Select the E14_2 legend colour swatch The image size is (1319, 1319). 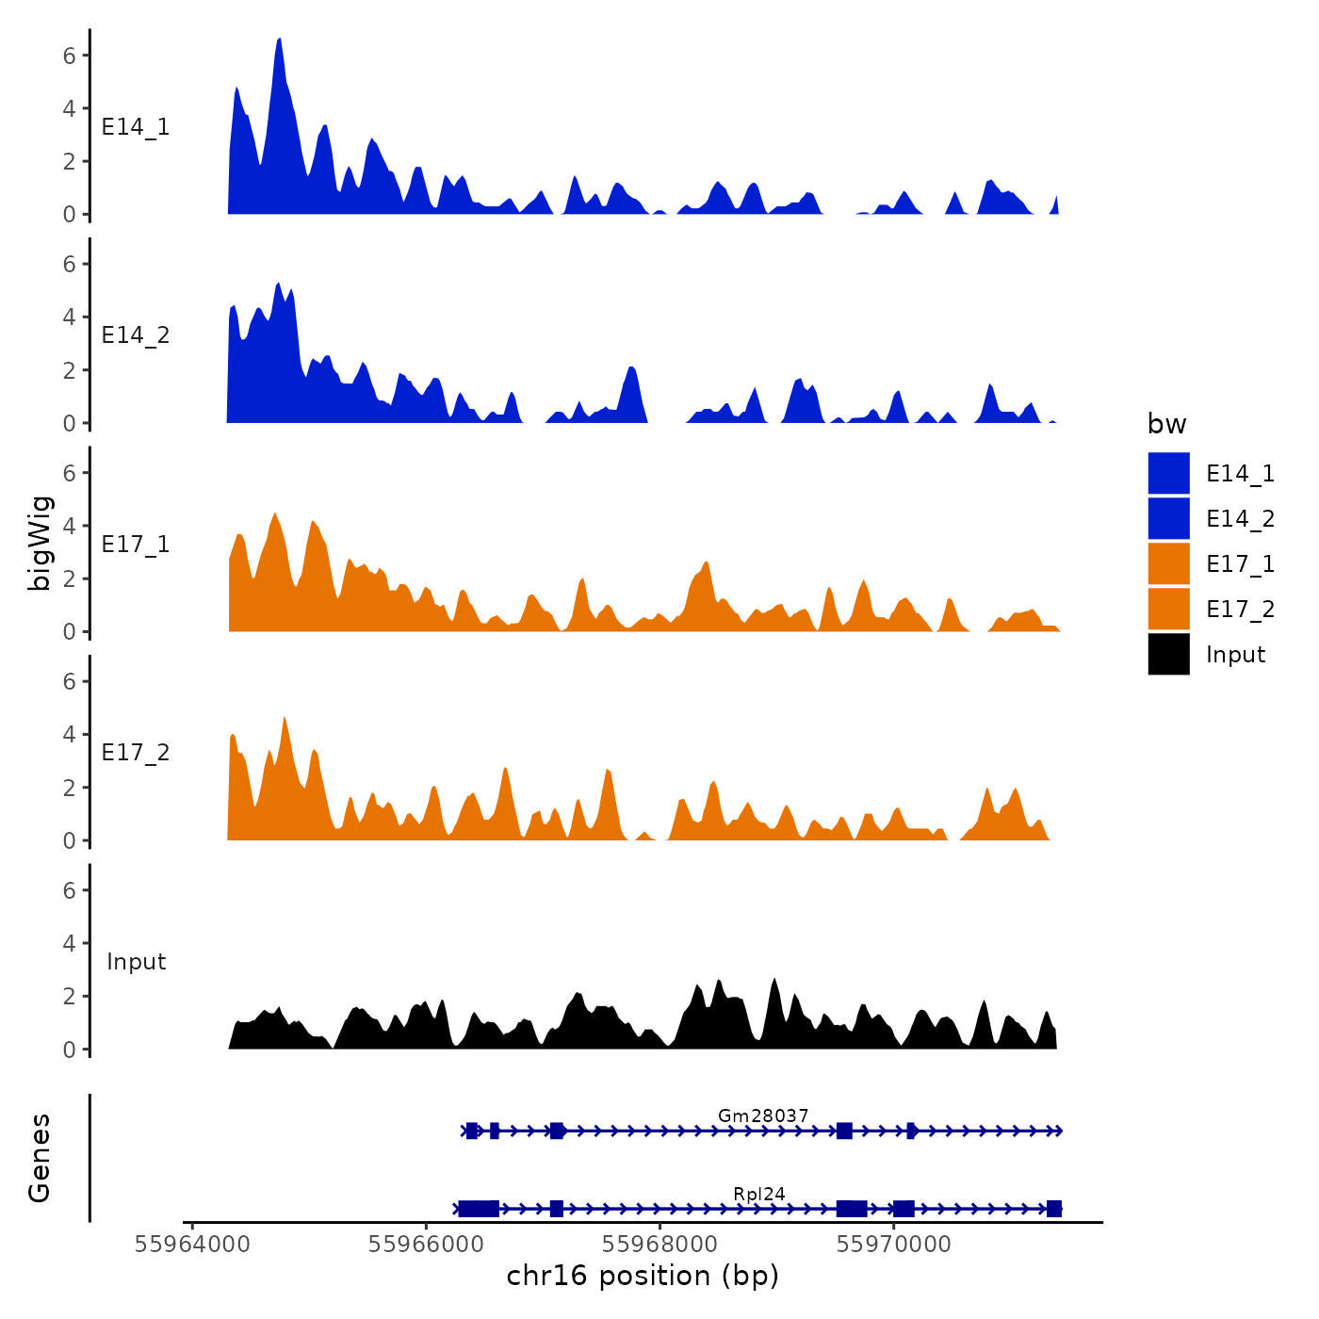[x=1168, y=518]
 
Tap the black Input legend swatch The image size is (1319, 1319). [x=1168, y=654]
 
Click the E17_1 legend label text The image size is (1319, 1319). [x=1240, y=563]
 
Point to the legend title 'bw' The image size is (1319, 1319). [x=1166, y=424]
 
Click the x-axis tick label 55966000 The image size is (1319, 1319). [x=426, y=1245]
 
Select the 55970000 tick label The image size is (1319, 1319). [x=893, y=1245]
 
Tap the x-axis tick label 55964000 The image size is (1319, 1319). [x=193, y=1245]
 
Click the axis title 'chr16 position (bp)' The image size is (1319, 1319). [x=643, y=1276]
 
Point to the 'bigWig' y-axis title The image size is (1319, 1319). [x=40, y=543]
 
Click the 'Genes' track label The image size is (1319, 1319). [x=40, y=1158]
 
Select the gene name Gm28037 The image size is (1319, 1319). [x=763, y=1115]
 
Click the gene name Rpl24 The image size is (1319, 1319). [x=759, y=1194]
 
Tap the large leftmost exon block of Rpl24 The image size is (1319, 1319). [x=479, y=1209]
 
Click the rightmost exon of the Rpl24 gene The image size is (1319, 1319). [x=1054, y=1209]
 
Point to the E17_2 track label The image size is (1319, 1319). [x=136, y=752]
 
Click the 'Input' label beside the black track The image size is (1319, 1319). [x=136, y=961]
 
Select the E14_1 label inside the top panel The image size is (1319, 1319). [x=136, y=126]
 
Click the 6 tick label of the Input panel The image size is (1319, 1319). [x=69, y=890]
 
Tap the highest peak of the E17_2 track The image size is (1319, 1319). [x=285, y=719]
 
